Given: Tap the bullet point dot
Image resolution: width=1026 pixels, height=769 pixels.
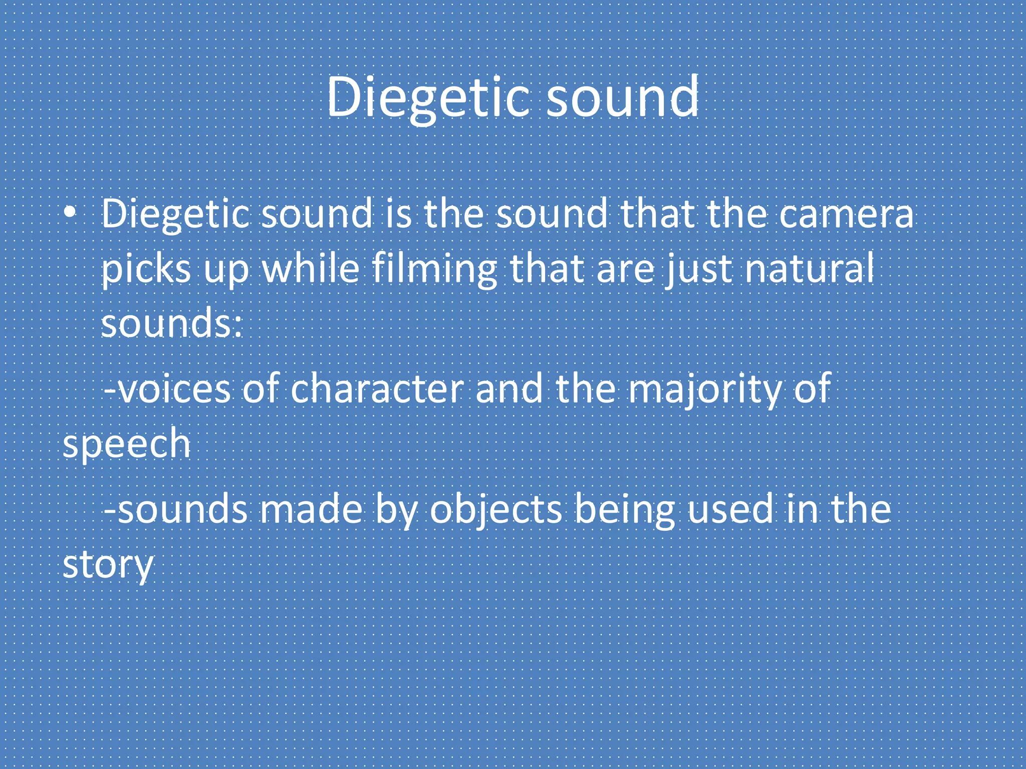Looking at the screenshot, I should [x=70, y=213].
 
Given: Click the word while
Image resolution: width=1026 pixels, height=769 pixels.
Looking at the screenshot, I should [x=311, y=268].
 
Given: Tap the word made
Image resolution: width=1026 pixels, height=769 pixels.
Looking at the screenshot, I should [x=311, y=509].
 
